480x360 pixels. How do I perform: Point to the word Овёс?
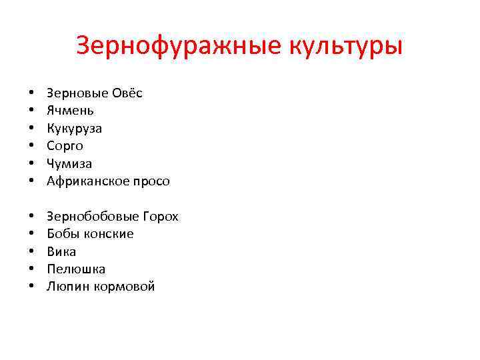coord(125,93)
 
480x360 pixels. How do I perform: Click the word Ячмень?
coord(70,111)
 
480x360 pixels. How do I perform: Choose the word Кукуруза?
coord(74,128)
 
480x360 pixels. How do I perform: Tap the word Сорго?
coord(65,146)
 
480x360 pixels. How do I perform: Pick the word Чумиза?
coord(69,163)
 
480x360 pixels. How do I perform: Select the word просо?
coord(150,181)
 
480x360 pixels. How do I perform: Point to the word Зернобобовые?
coord(93,217)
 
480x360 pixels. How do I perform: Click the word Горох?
coord(161,217)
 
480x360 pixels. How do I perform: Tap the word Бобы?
coord(61,234)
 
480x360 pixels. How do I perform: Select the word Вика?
coord(61,252)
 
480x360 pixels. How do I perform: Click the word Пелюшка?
coord(76,269)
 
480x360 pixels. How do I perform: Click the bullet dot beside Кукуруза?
coord(31,129)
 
